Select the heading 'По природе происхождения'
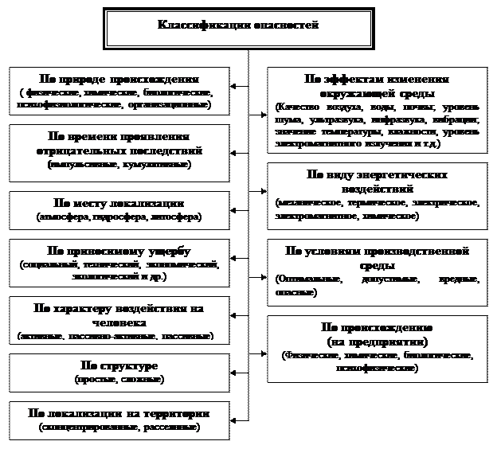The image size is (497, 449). (119, 80)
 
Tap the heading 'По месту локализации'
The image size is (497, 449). (119, 203)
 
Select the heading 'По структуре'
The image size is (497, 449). (119, 365)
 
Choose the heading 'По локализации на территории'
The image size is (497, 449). (119, 414)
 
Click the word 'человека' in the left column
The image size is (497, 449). (119, 323)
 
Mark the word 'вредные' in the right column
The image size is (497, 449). (457, 279)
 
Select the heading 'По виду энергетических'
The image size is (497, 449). (377, 175)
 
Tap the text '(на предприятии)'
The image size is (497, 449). (377, 341)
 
